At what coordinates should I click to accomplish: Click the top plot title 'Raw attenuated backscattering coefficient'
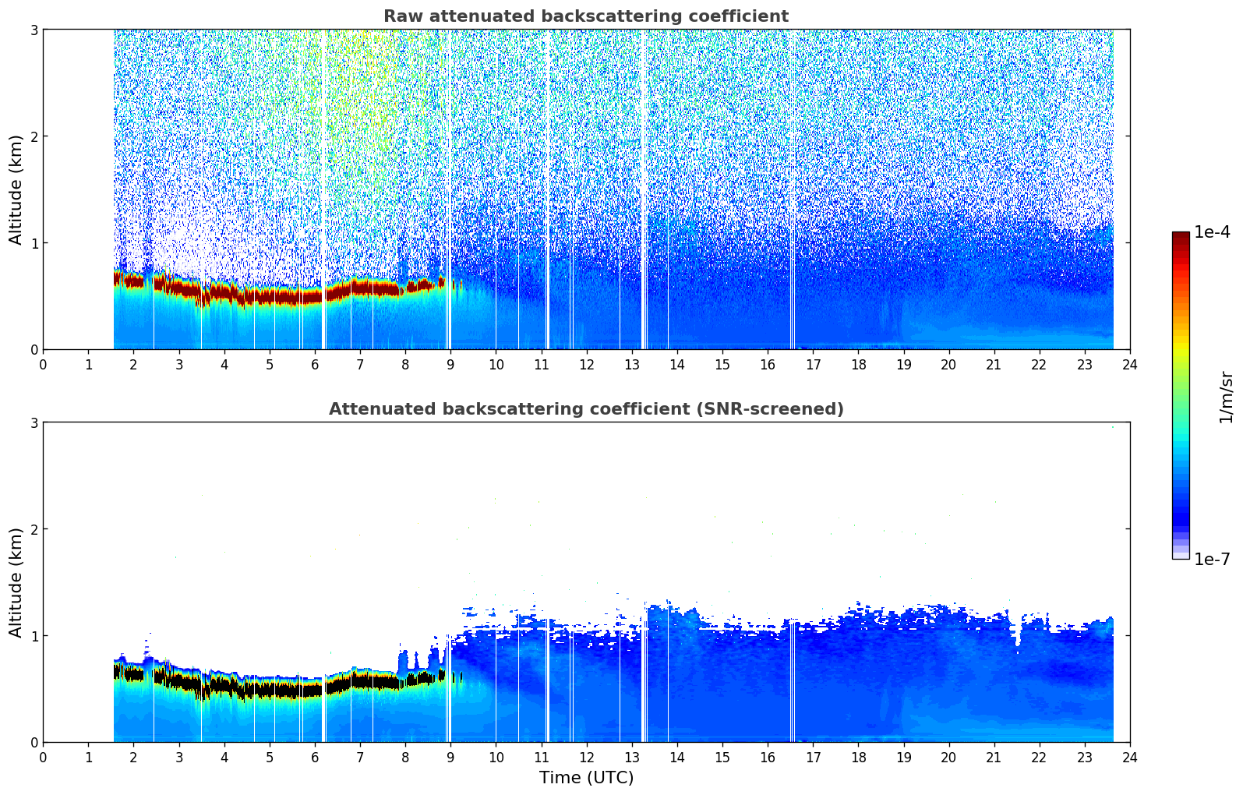tap(585, 16)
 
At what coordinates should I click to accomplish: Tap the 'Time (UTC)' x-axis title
tap(586, 777)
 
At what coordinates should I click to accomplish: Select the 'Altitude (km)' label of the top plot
tap(16, 189)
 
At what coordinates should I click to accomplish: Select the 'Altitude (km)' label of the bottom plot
tap(16, 582)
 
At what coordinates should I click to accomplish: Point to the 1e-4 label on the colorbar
tap(1212, 232)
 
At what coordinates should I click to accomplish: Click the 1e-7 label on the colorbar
tap(1212, 559)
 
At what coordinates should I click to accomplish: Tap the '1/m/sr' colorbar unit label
tap(1226, 397)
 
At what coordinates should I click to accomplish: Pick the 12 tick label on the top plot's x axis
tap(586, 364)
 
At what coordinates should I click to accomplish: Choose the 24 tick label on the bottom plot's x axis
tap(1129, 757)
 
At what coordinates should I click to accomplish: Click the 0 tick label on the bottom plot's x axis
tap(43, 757)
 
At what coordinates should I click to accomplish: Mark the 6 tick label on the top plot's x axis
tap(315, 364)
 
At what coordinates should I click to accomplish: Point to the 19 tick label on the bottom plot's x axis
tap(903, 757)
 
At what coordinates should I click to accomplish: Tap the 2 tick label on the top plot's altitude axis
tap(34, 136)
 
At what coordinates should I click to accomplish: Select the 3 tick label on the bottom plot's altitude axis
tap(34, 422)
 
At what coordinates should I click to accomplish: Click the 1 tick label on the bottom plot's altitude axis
tap(34, 636)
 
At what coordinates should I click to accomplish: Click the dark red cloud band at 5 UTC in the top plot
tap(270, 297)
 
